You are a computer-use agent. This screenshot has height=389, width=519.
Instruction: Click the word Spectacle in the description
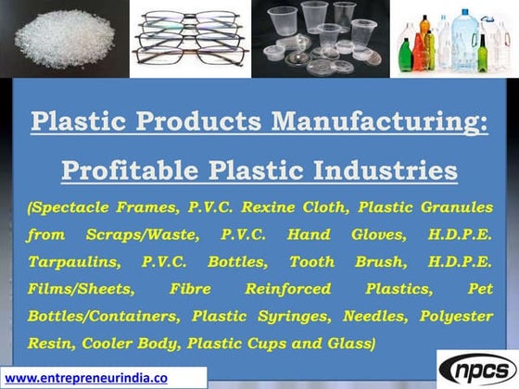point(76,207)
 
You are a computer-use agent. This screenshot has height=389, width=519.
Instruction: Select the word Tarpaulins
point(75,261)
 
